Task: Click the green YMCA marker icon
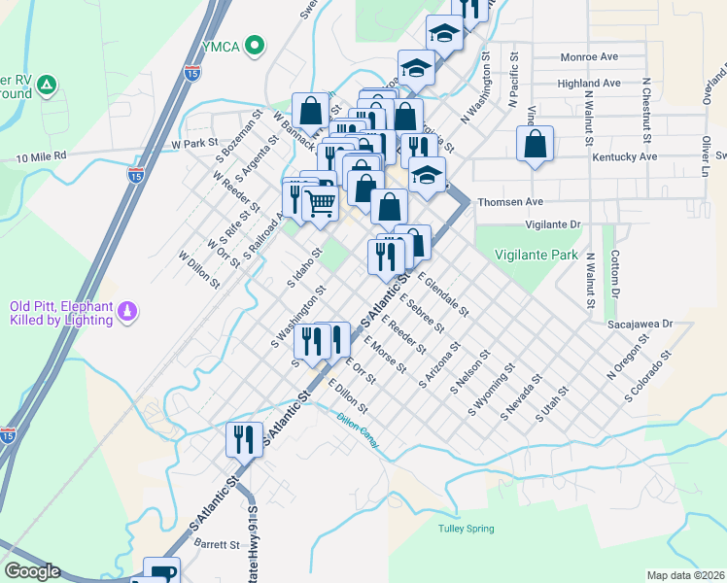[256, 44]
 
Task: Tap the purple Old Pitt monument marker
[127, 312]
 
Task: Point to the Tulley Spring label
[466, 529]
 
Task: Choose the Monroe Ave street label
[590, 58]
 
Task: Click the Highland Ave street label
[588, 84]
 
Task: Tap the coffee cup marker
[161, 572]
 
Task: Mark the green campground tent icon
[45, 86]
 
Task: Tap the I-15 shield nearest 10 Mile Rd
[135, 176]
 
